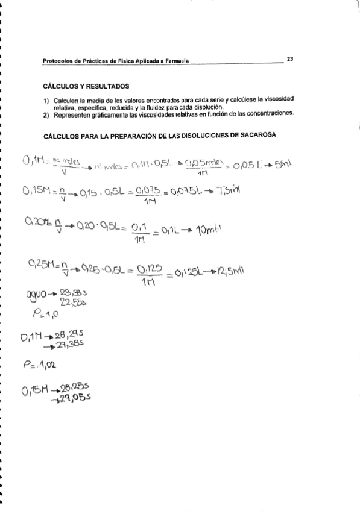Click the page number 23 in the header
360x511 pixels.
click(290, 59)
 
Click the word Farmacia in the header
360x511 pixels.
click(173, 61)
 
